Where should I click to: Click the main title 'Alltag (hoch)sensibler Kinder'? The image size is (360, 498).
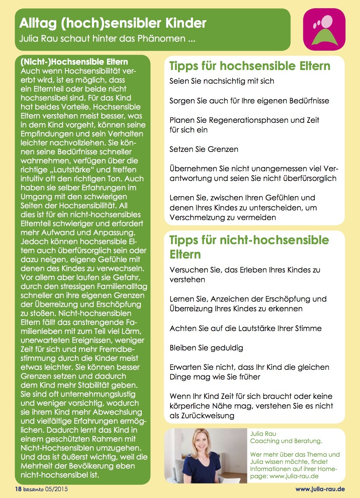(x=113, y=23)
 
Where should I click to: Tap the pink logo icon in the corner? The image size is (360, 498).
(x=324, y=29)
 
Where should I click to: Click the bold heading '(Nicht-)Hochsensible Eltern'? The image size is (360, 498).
(x=74, y=62)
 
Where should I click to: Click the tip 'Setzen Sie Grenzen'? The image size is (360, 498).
(x=204, y=149)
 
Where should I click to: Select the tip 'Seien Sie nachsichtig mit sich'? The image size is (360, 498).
(x=222, y=81)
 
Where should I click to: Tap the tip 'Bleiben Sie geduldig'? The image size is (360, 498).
(x=206, y=348)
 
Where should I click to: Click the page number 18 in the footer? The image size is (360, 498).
(x=18, y=489)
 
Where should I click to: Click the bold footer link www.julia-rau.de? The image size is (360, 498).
(x=320, y=489)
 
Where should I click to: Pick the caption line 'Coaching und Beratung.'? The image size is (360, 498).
(x=286, y=441)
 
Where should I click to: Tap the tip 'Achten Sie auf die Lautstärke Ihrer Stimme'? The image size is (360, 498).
(x=246, y=328)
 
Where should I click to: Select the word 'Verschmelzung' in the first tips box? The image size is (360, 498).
(x=196, y=217)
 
